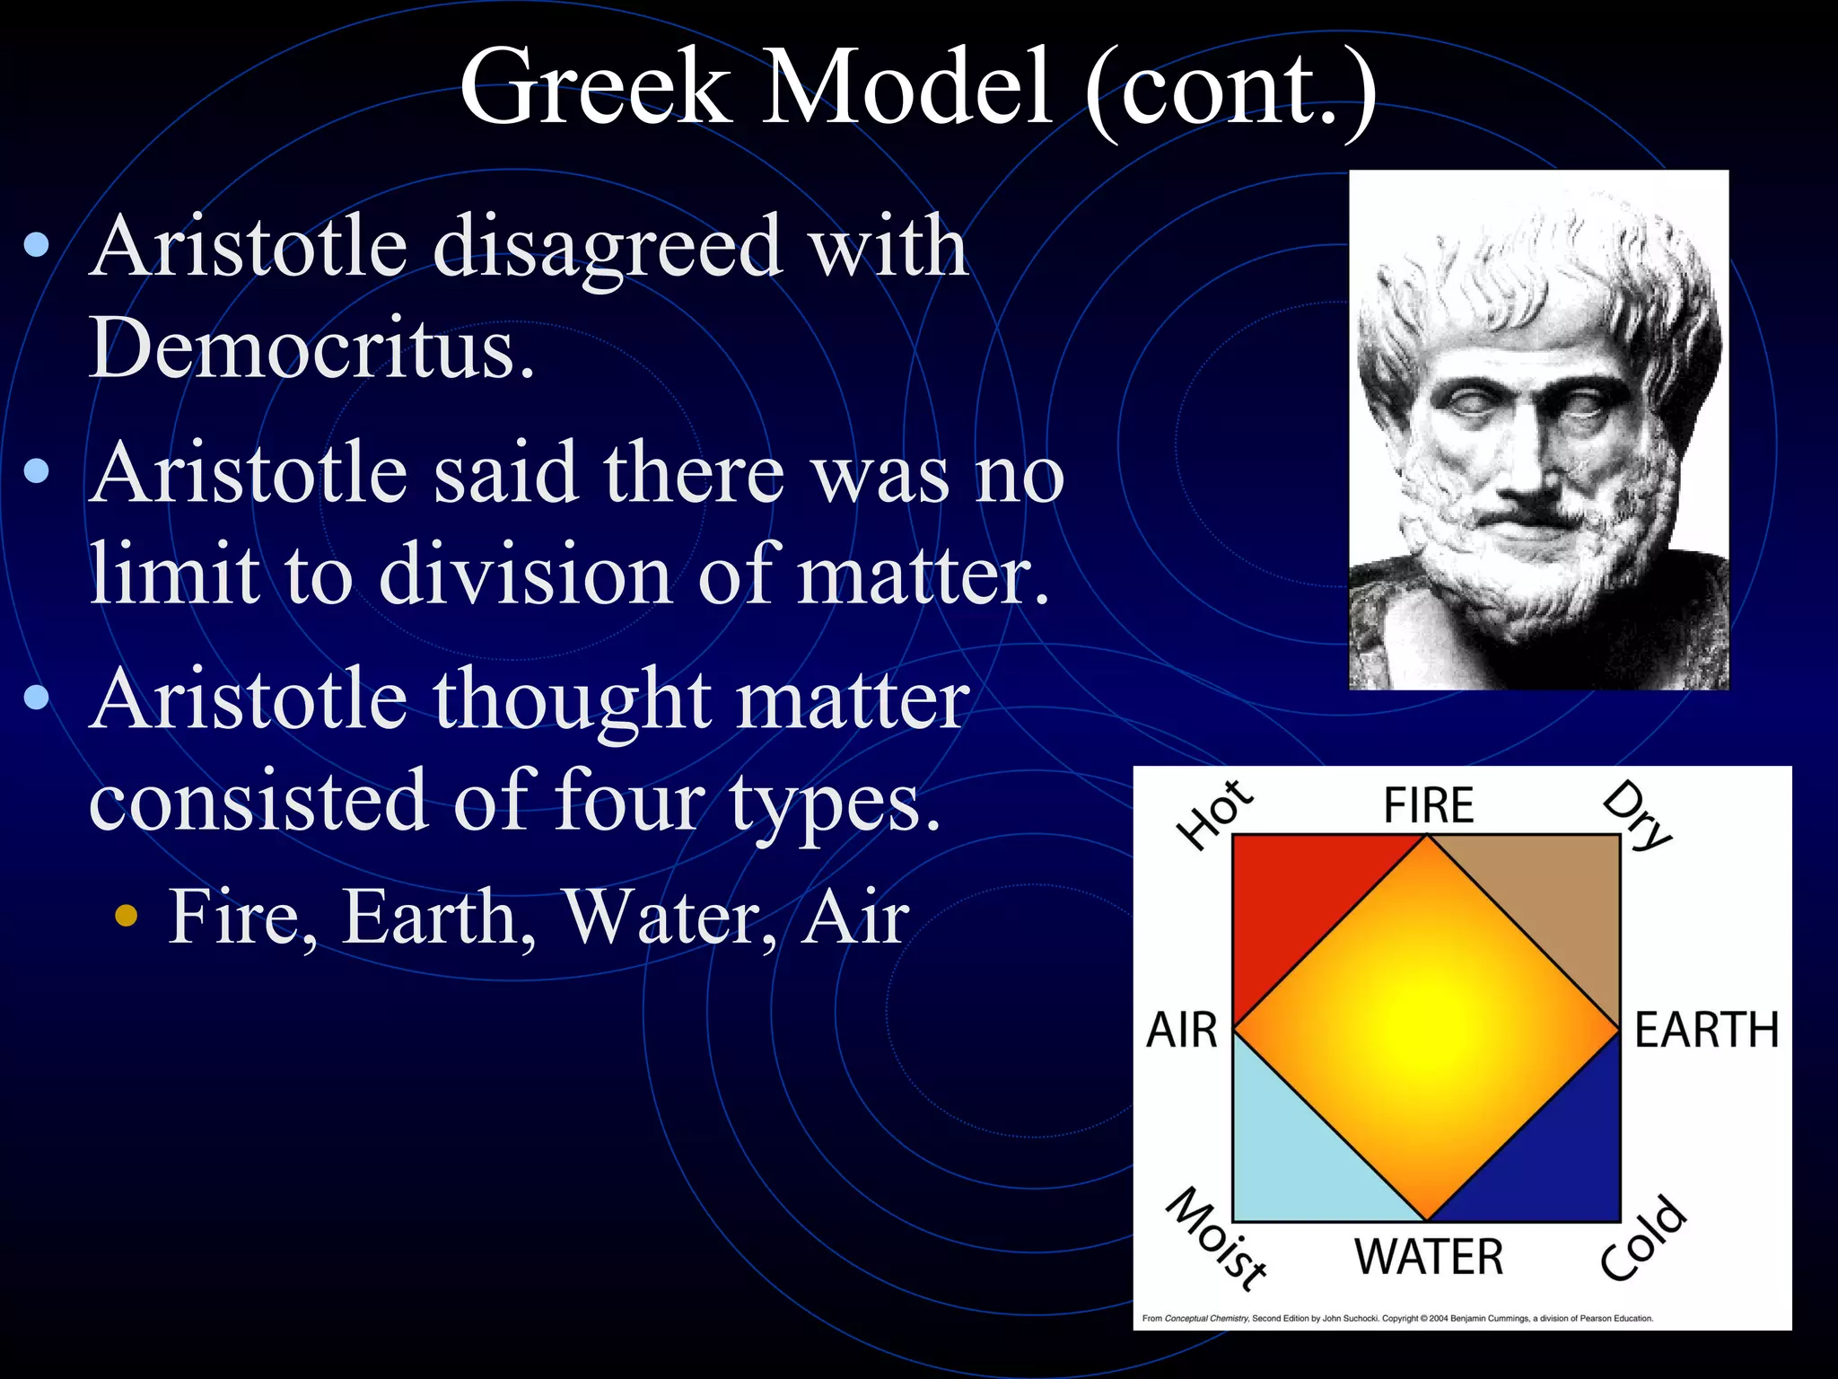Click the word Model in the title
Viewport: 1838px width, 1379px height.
(906, 87)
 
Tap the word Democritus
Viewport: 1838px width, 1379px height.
(311, 348)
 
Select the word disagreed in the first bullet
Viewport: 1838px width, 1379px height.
(608, 247)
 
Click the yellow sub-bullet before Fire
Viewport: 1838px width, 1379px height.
(127, 917)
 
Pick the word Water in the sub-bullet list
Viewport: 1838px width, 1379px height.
(670, 918)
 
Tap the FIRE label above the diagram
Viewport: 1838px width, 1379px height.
(1428, 804)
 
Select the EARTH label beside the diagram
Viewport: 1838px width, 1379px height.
(1706, 1030)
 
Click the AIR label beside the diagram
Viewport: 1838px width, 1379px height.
(1182, 1030)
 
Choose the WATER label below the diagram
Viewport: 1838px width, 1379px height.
(1428, 1257)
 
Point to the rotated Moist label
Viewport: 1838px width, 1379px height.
(1217, 1239)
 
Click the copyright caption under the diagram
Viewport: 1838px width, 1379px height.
(1396, 1319)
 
